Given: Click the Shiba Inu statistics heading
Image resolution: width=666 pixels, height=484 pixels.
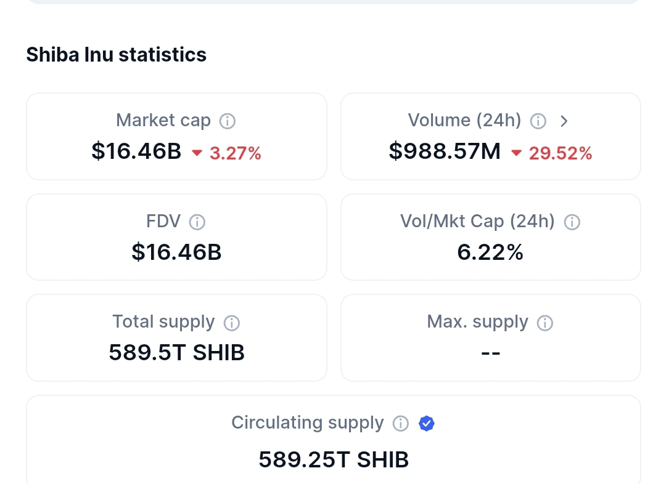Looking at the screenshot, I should pyautogui.click(x=116, y=55).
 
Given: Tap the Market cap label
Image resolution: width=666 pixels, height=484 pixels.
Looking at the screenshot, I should pyautogui.click(x=163, y=120).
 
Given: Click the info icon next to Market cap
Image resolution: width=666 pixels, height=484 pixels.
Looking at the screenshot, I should pyautogui.click(x=228, y=121).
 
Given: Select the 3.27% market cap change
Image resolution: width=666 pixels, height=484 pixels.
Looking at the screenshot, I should pyautogui.click(x=235, y=153).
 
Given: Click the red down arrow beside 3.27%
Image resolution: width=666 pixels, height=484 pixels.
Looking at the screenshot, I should pyautogui.click(x=197, y=153).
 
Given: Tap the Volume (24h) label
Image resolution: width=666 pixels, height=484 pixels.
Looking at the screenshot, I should pyautogui.click(x=464, y=120).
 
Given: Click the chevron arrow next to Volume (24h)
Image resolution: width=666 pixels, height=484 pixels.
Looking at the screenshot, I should pyautogui.click(x=564, y=121).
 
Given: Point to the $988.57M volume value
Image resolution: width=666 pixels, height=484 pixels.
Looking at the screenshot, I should pyautogui.click(x=445, y=151).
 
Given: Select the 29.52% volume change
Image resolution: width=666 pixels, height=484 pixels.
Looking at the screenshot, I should pyautogui.click(x=560, y=153).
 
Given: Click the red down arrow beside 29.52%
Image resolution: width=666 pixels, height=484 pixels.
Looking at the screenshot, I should pyautogui.click(x=516, y=153).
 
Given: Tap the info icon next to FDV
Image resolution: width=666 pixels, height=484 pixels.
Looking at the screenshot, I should pyautogui.click(x=197, y=222).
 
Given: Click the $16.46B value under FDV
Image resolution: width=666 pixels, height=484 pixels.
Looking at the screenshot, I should pyautogui.click(x=176, y=252).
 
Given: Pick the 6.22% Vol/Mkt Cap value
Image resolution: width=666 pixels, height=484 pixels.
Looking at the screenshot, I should pyautogui.click(x=490, y=252).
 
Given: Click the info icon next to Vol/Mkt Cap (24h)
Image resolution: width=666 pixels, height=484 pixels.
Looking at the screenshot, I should pyautogui.click(x=572, y=222).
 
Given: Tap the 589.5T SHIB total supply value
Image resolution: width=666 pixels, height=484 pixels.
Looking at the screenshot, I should pyautogui.click(x=176, y=352).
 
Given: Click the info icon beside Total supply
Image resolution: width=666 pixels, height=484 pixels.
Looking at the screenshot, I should pyautogui.click(x=231, y=323).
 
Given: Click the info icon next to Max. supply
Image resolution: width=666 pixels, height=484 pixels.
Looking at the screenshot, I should pyautogui.click(x=545, y=323).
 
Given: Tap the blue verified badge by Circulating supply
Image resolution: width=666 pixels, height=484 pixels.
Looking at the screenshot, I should pyautogui.click(x=427, y=424).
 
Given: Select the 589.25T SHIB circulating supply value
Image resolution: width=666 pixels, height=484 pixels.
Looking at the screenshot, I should pyautogui.click(x=334, y=459).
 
